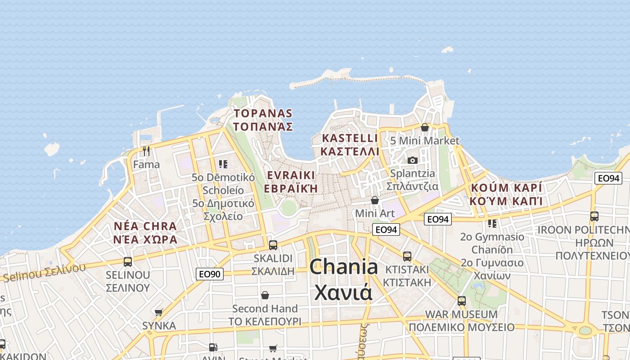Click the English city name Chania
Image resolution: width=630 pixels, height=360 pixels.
pyautogui.click(x=344, y=267)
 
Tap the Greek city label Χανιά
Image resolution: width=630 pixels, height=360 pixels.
pyautogui.click(x=343, y=292)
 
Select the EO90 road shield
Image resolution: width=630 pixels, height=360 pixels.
pyautogui.click(x=210, y=274)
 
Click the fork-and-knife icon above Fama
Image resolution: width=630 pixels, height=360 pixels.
pyautogui.click(x=146, y=151)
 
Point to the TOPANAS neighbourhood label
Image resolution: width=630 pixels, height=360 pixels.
pyautogui.click(x=263, y=113)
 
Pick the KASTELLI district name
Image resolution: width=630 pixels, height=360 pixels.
pyautogui.click(x=350, y=138)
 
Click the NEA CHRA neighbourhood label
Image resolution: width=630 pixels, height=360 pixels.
pyautogui.click(x=145, y=226)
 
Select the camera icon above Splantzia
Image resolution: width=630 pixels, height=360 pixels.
pyautogui.click(x=412, y=160)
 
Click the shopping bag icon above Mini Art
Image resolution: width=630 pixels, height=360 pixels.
pyautogui.click(x=374, y=200)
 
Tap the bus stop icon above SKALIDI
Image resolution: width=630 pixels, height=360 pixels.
pyautogui.click(x=273, y=245)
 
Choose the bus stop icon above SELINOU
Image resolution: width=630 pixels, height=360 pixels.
pyautogui.click(x=128, y=261)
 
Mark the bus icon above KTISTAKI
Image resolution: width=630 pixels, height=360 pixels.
pyautogui.click(x=407, y=256)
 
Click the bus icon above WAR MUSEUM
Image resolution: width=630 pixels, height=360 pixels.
pyautogui.click(x=461, y=301)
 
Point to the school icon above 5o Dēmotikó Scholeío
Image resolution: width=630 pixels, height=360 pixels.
pyautogui.click(x=223, y=164)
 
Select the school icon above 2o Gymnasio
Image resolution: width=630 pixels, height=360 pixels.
pyautogui.click(x=492, y=223)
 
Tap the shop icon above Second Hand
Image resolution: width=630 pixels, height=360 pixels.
pyautogui.click(x=265, y=295)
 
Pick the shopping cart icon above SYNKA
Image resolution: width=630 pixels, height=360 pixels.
pyautogui.click(x=158, y=312)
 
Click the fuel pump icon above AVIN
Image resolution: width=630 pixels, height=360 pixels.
pyautogui.click(x=213, y=347)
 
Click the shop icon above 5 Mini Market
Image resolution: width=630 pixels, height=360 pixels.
pyautogui.click(x=424, y=127)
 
